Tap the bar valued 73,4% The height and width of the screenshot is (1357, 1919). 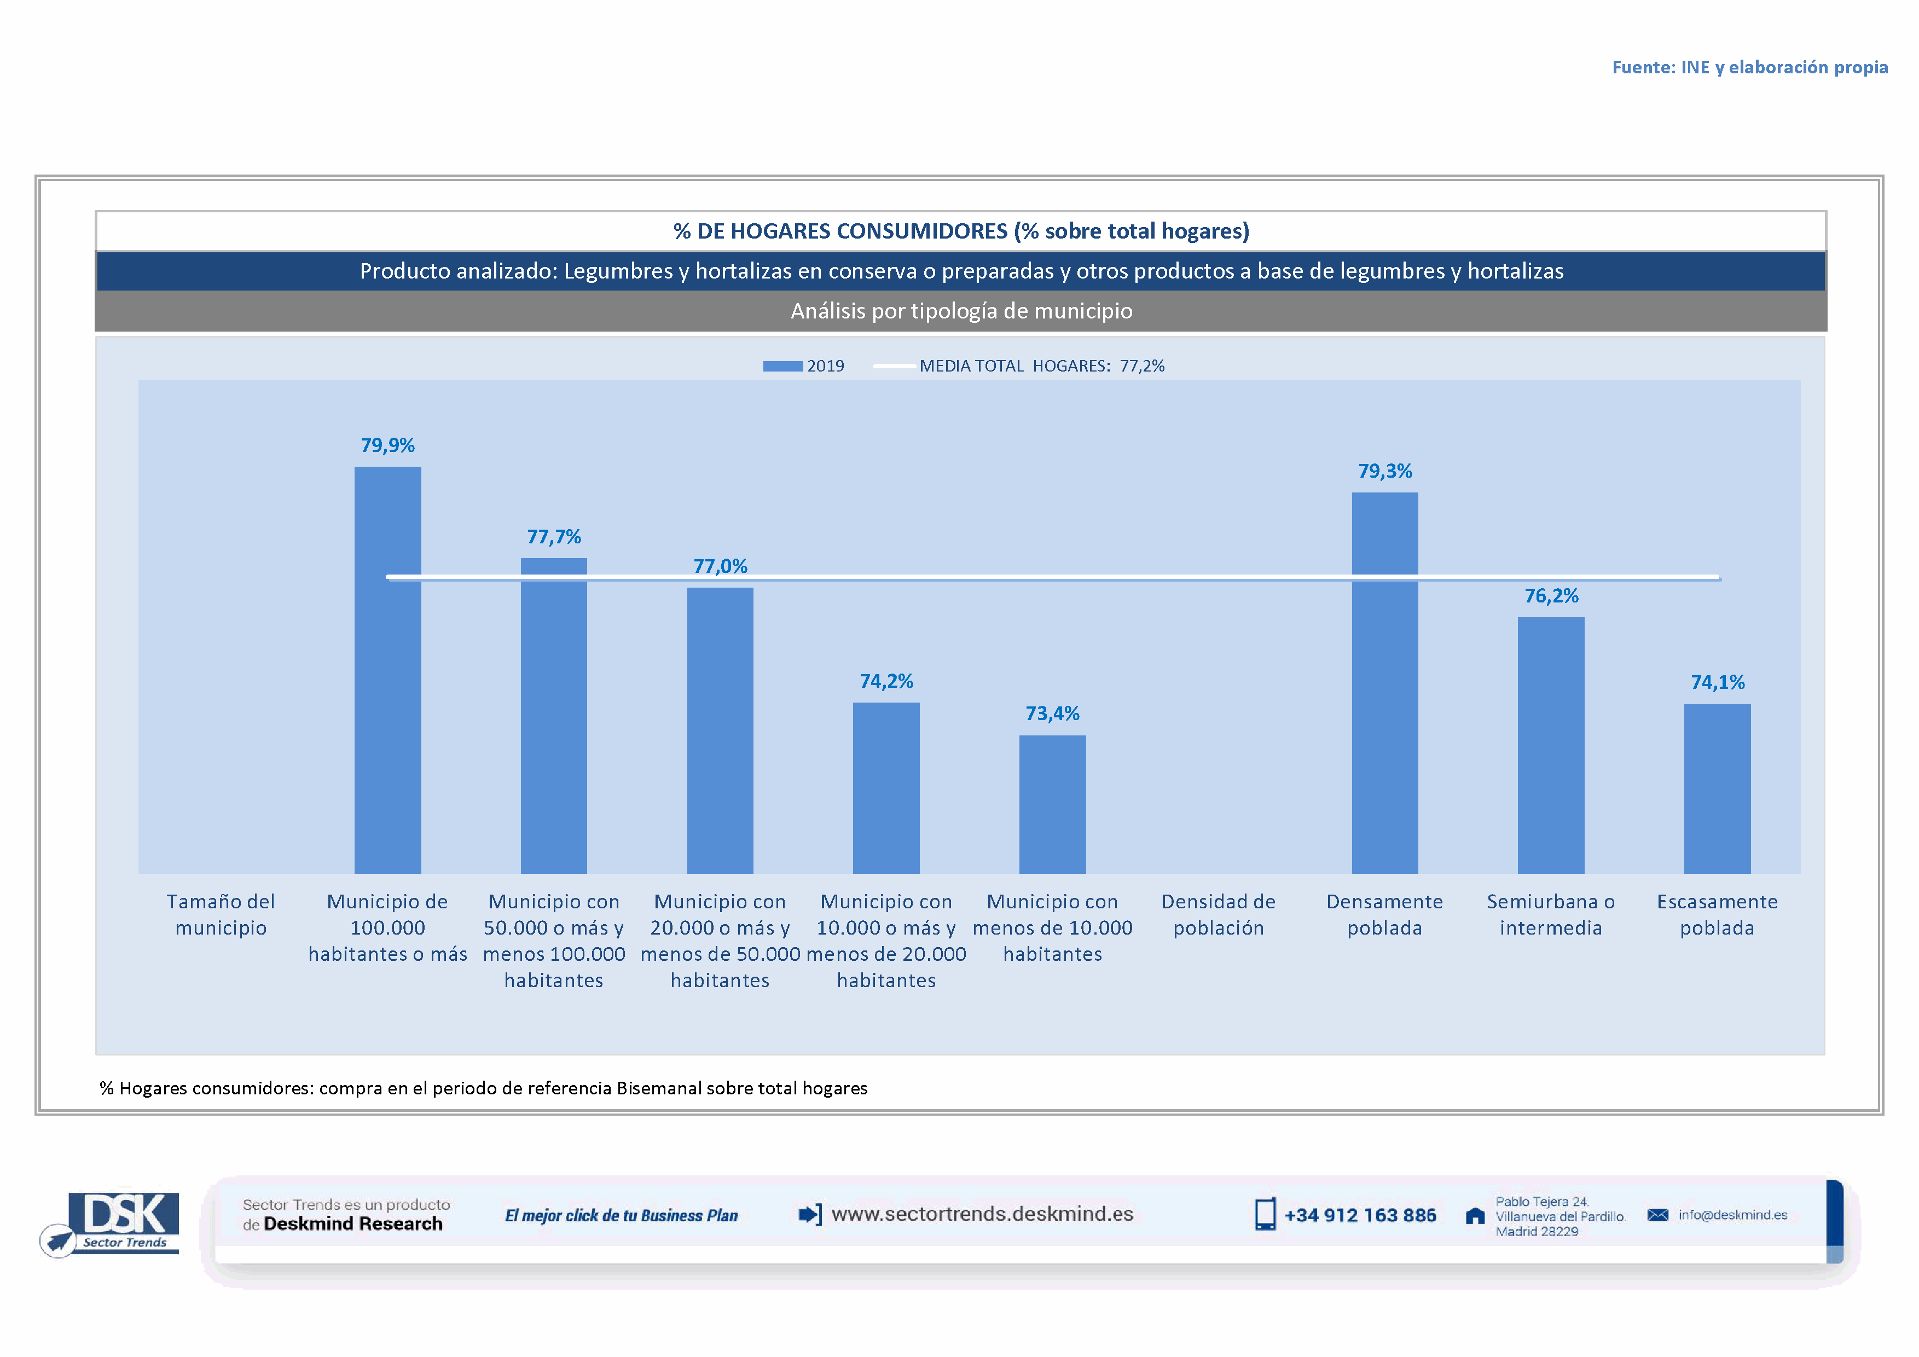[x=1052, y=804]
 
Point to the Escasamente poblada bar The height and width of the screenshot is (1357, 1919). [x=1717, y=788]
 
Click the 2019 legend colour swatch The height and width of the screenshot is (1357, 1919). [x=782, y=366]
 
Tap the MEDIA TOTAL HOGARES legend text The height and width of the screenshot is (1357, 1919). [x=1041, y=366]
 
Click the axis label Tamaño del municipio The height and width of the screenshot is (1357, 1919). [x=221, y=914]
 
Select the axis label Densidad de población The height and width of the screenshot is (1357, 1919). [x=1218, y=914]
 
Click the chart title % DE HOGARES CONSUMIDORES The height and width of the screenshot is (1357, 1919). [x=961, y=230]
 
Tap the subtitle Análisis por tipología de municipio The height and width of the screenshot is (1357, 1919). [x=961, y=311]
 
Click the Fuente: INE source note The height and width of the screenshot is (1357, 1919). [x=1749, y=67]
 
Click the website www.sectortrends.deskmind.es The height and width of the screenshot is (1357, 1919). [x=982, y=1214]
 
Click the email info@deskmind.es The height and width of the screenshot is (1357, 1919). [x=1732, y=1215]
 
